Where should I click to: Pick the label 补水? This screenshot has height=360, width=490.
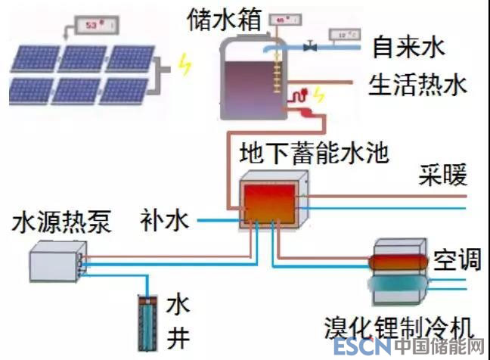point(163,221)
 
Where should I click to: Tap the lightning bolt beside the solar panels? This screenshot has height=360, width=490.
point(184,65)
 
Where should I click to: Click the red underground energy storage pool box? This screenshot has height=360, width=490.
point(269,200)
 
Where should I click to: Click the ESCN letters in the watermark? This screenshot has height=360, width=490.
point(361,347)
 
